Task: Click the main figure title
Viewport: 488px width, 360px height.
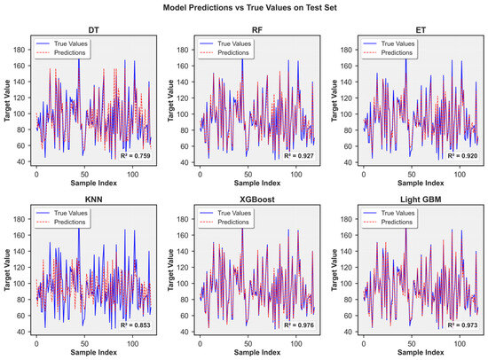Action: pyautogui.click(x=249, y=7)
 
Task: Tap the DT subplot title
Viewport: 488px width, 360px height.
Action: pyautogui.click(x=94, y=30)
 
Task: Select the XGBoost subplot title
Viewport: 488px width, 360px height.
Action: pyautogui.click(x=257, y=200)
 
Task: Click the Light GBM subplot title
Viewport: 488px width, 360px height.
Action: pyautogui.click(x=421, y=200)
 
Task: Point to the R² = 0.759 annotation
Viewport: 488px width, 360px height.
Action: pyautogui.click(x=135, y=155)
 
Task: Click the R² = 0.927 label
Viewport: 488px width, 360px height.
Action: pyautogui.click(x=299, y=155)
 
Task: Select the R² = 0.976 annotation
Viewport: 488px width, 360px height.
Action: pyautogui.click(x=299, y=325)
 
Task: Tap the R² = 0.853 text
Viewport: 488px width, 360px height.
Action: pyautogui.click(x=135, y=325)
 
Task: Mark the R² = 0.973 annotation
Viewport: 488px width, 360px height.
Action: pyautogui.click(x=462, y=325)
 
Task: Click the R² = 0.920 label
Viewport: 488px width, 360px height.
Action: pyautogui.click(x=462, y=155)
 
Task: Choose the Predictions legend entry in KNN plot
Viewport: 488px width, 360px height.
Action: pyautogui.click(x=60, y=223)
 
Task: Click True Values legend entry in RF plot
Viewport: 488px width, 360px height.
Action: pyautogui.click(x=225, y=43)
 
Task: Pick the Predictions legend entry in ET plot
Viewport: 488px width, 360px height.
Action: pyautogui.click(x=388, y=53)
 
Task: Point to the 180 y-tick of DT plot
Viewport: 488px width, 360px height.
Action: pyautogui.click(x=20, y=50)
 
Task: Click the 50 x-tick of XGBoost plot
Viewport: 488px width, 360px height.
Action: pyautogui.click(x=248, y=344)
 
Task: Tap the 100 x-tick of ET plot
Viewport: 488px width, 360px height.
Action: pyautogui.click(x=460, y=175)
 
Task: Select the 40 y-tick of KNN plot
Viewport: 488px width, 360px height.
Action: pyautogui.click(x=21, y=332)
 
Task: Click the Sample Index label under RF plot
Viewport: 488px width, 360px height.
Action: pyautogui.click(x=257, y=183)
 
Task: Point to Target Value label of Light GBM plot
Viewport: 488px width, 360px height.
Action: pyautogui.click(x=335, y=270)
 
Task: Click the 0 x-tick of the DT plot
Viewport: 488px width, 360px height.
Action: pyautogui.click(x=36, y=175)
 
